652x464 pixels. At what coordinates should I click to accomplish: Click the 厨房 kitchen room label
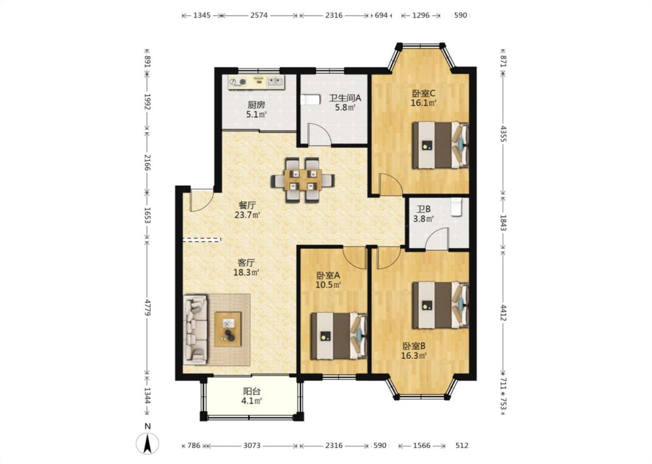tap(256, 104)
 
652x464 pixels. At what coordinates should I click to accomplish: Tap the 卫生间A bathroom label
tap(345, 98)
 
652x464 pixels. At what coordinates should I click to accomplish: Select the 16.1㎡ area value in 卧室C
tap(423, 103)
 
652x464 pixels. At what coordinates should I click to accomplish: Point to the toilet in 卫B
tap(457, 207)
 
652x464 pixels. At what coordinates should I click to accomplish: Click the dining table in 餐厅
tap(303, 180)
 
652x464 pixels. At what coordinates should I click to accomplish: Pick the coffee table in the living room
tap(228, 329)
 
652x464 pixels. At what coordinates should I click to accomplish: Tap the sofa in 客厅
tap(195, 329)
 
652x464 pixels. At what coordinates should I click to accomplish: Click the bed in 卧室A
tap(339, 336)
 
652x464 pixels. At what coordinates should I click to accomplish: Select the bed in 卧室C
tap(440, 145)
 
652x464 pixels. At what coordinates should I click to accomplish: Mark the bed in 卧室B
tap(440, 305)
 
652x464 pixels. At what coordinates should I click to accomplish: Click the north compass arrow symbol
tap(147, 443)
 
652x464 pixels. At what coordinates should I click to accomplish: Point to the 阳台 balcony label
tap(252, 391)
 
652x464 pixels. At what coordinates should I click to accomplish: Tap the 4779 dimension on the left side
tap(147, 305)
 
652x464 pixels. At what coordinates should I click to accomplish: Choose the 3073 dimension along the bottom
tap(252, 445)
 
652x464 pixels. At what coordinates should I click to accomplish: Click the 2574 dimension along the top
tap(258, 16)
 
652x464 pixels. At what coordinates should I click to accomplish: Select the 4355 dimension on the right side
tap(503, 133)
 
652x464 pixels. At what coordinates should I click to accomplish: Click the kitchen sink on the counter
tap(275, 81)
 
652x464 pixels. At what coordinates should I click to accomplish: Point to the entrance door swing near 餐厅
tap(202, 200)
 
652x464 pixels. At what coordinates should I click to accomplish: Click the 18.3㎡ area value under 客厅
tap(246, 273)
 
